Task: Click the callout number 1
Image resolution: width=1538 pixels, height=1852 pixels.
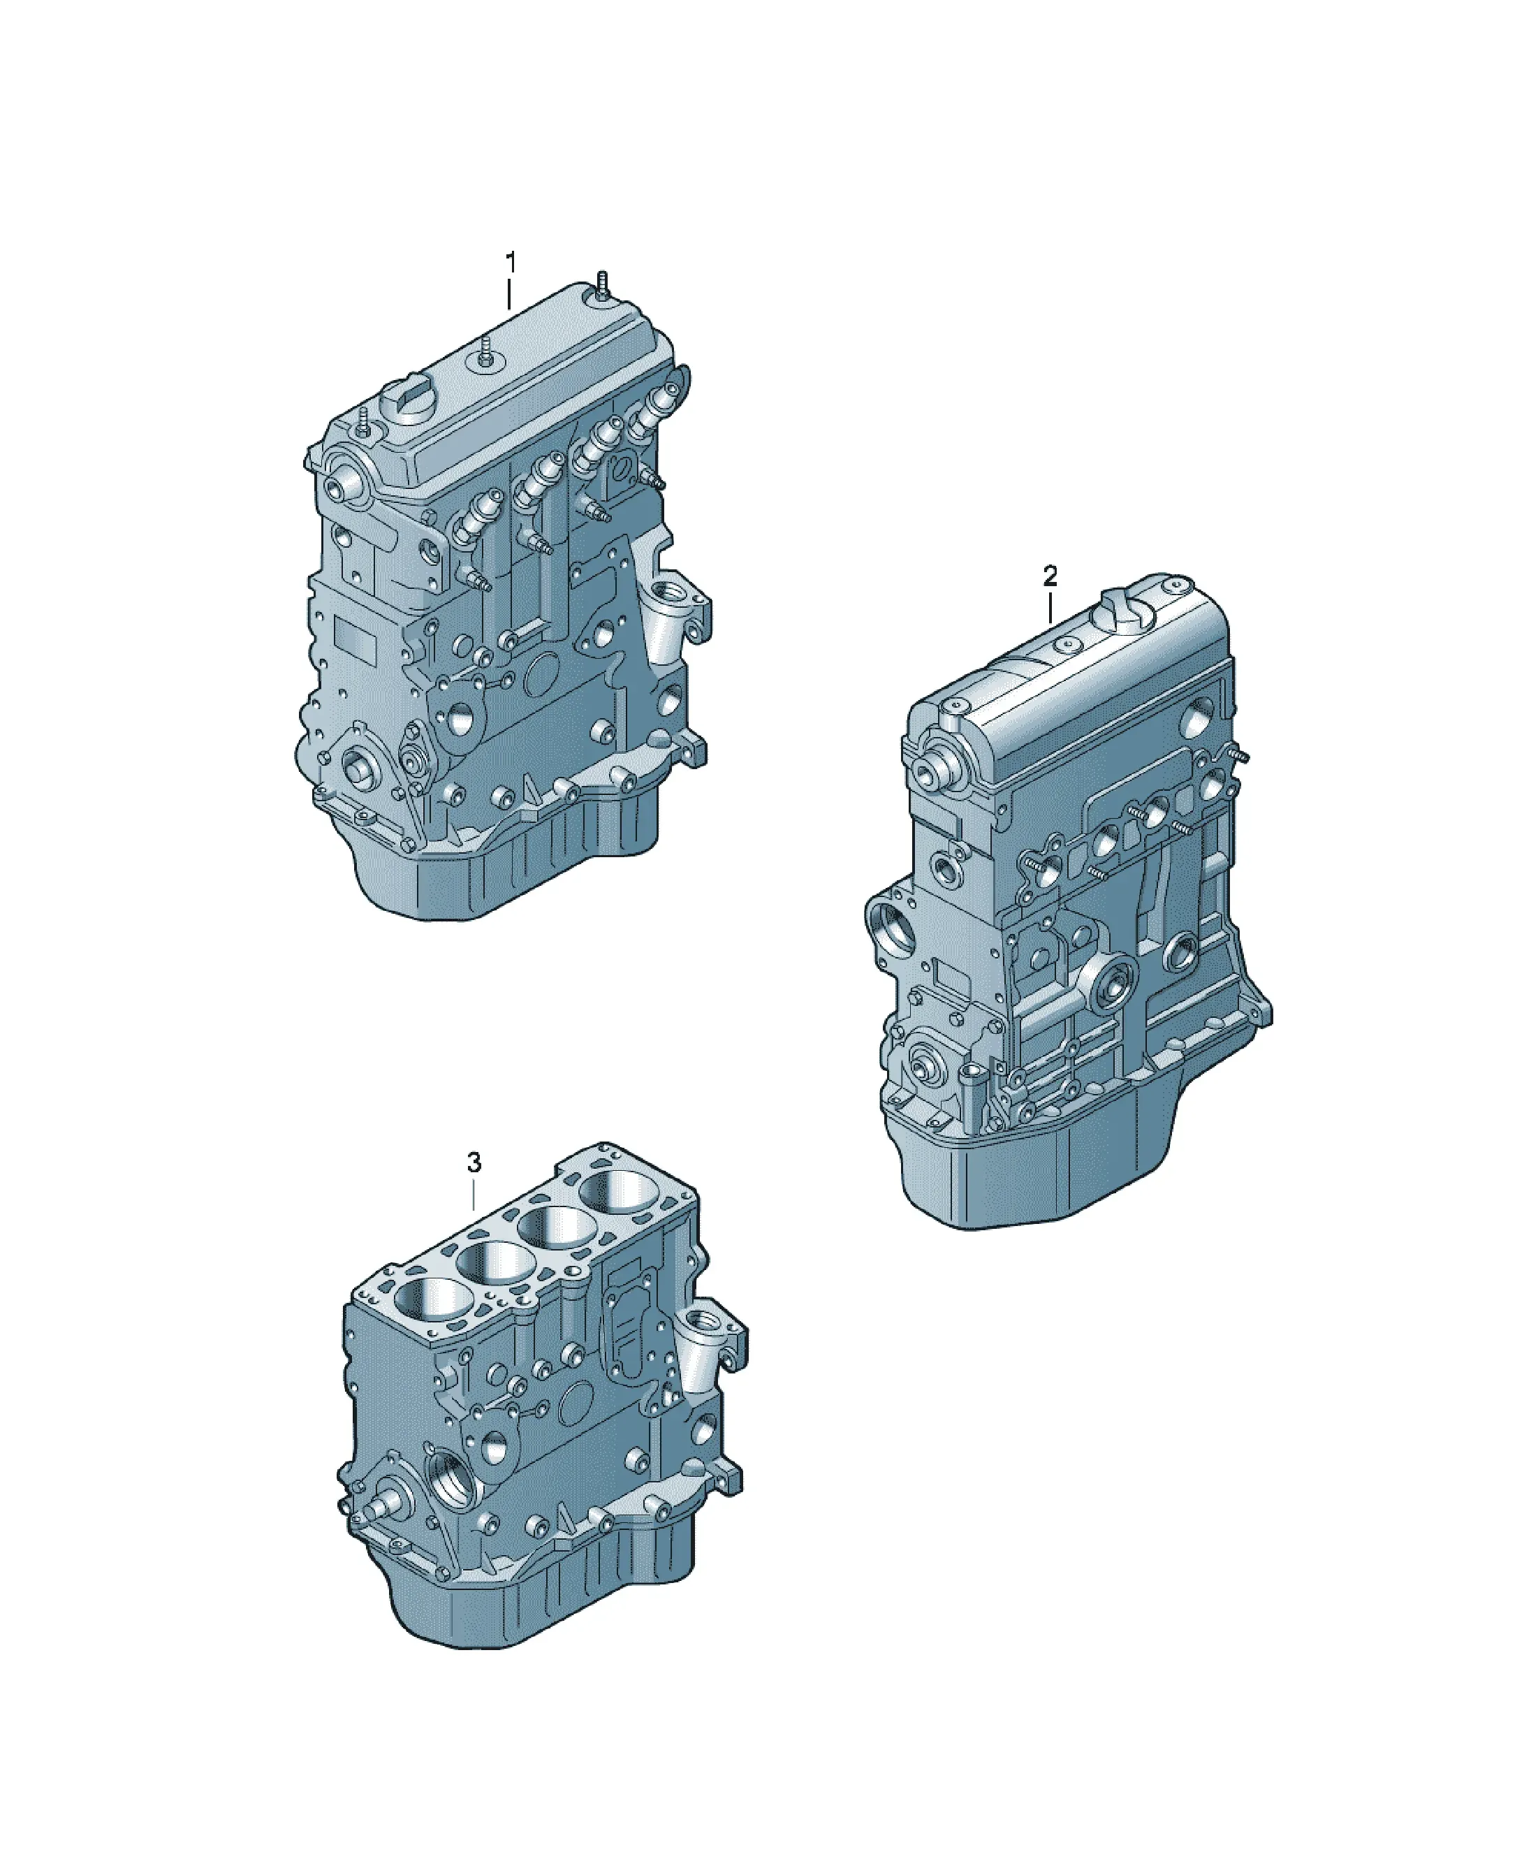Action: tap(510, 263)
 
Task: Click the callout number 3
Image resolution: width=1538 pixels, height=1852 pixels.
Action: tap(474, 1162)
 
